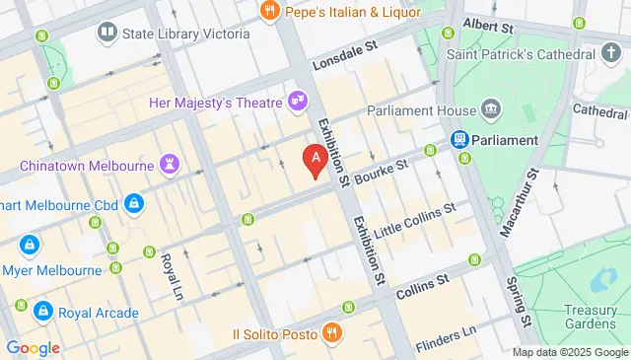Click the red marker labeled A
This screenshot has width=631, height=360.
[x=315, y=159]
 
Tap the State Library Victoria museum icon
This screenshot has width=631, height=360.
[x=106, y=34]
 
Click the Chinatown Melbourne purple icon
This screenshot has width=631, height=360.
[x=173, y=163]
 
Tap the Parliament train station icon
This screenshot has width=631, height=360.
[x=458, y=140]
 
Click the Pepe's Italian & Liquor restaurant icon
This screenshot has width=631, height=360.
[x=268, y=12]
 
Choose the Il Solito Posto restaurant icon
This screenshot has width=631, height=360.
[x=331, y=334]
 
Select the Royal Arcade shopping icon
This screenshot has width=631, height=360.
[x=42, y=313]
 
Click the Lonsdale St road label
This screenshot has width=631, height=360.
[x=344, y=59]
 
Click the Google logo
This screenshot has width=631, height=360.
[x=33, y=347]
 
